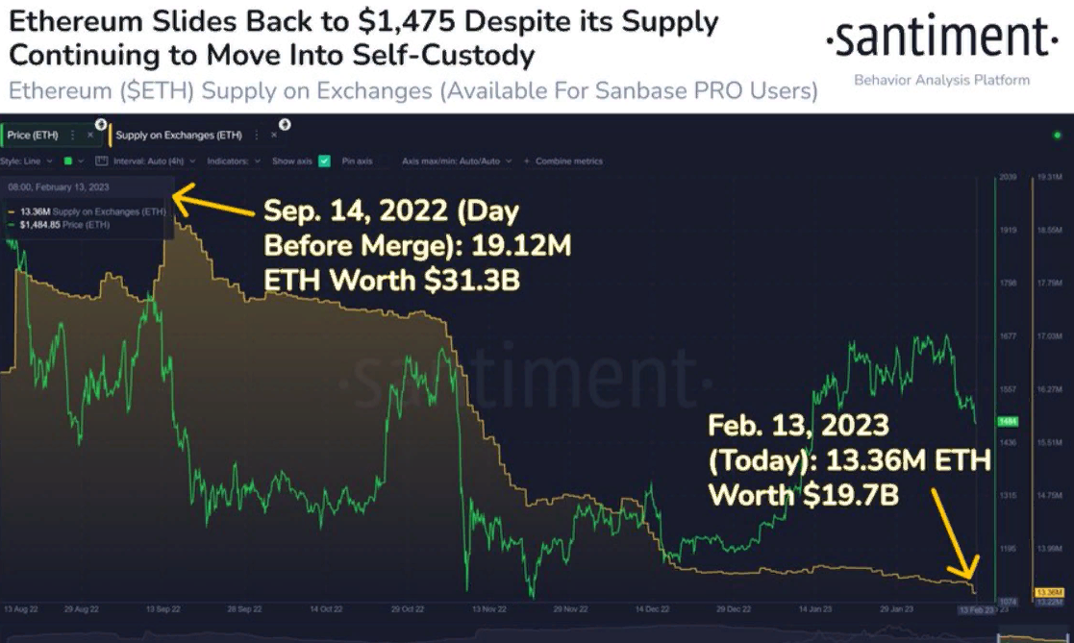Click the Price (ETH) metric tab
(33, 136)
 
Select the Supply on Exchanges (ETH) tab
(179, 136)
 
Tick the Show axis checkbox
(325, 161)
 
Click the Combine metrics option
(568, 161)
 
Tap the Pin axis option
(357, 161)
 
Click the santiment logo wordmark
(941, 40)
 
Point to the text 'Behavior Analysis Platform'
(941, 81)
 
